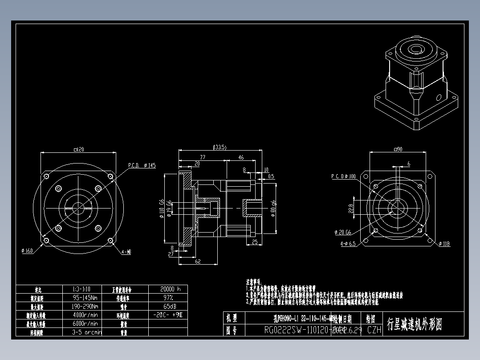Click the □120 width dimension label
77,150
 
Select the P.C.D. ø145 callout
142,165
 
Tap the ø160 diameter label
27,251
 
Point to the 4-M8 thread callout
126,252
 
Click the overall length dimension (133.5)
220,147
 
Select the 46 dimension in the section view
241,157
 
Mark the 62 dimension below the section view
198,262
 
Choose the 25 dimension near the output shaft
255,242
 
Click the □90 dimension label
398,149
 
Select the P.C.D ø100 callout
343,176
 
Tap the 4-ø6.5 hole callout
348,244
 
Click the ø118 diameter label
444,244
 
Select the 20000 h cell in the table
170,289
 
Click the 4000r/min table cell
85,315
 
